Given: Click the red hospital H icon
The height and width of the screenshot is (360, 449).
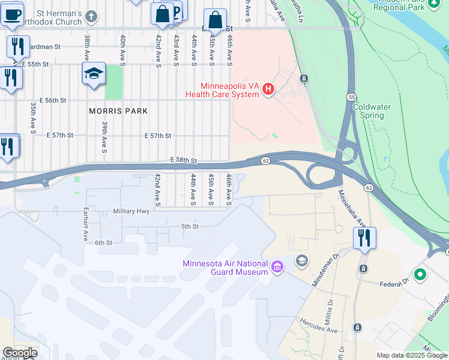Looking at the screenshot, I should coord(268,90).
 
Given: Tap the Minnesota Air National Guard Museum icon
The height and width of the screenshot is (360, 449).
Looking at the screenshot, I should coord(277,266).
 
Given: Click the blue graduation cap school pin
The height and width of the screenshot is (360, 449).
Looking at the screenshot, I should coord(94,74).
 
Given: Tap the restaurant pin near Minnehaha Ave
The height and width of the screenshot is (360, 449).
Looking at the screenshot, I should coord(364,238).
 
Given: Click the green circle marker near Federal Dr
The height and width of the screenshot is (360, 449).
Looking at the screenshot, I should coord(420,275).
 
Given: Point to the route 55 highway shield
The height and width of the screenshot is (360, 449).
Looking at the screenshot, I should coord(351,97).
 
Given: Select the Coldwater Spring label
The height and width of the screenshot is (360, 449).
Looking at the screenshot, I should coord(372,111).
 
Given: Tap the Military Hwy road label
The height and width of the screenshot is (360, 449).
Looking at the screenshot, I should coord(131,212).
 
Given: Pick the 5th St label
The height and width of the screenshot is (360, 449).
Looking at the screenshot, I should coord(190,226).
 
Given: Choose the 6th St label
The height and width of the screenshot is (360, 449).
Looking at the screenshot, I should coord(103,242).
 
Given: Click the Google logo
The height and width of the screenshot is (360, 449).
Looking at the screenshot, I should coord(20,353).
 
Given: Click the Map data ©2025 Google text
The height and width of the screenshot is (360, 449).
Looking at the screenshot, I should coord(412,355).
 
